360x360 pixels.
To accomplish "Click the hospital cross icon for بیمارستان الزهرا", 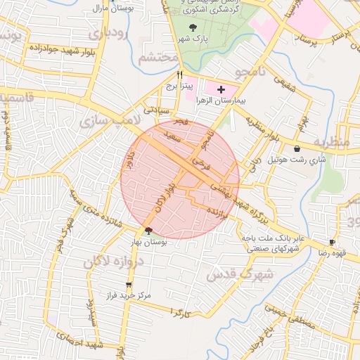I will click(x=221, y=90).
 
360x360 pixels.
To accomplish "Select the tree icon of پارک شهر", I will click(x=193, y=27).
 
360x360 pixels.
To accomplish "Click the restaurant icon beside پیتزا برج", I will click(x=180, y=75).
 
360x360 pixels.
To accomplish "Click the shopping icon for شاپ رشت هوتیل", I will click(x=297, y=149).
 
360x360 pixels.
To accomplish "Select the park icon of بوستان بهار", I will click(x=148, y=231).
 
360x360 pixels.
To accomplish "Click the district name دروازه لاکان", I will click(x=115, y=264).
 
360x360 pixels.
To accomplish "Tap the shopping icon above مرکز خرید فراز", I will click(x=128, y=285).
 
